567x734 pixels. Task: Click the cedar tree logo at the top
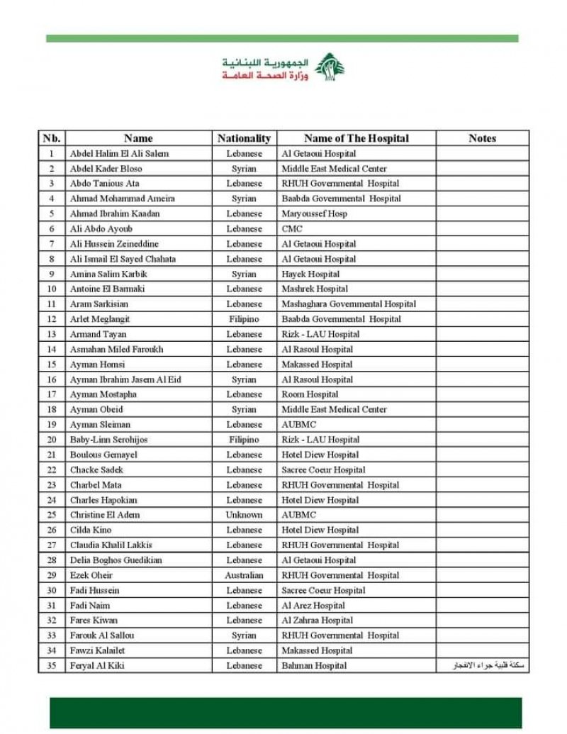click(329, 67)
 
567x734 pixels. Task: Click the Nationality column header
click(244, 138)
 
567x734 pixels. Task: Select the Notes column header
click(482, 138)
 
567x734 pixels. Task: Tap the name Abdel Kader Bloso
click(106, 169)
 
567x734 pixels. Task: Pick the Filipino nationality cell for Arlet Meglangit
click(244, 319)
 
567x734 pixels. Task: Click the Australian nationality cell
click(244, 575)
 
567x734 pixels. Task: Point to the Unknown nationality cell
click(244, 515)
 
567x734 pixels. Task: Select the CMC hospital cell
click(292, 229)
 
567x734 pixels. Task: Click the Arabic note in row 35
click(491, 666)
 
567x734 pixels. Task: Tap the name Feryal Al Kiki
click(97, 666)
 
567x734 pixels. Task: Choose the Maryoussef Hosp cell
click(314, 213)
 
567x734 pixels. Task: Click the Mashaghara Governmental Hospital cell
click(349, 304)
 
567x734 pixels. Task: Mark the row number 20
click(52, 440)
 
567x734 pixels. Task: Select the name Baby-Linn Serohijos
click(108, 440)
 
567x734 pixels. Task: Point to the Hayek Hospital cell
click(310, 274)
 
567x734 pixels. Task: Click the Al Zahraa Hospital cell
click(317, 621)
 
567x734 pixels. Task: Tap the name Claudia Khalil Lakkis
click(111, 545)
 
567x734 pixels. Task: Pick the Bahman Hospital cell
click(314, 666)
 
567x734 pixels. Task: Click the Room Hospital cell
click(310, 394)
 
